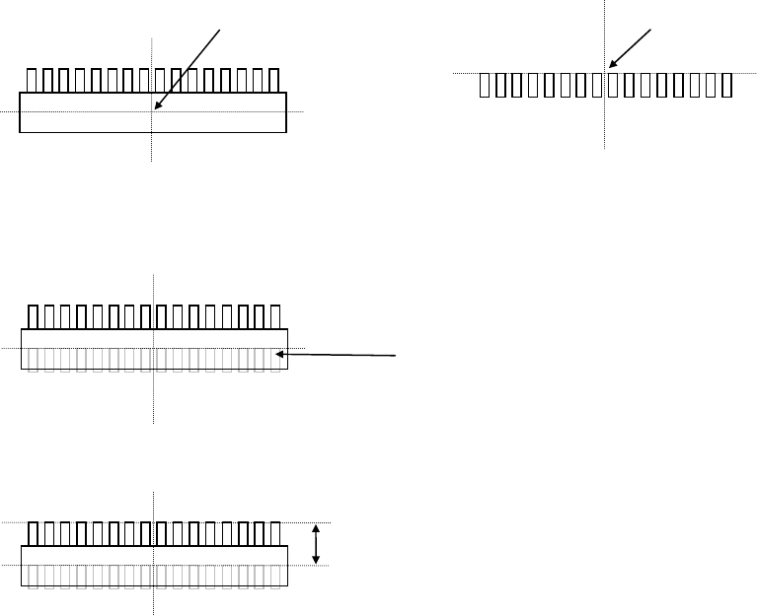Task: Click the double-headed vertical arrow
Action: [316, 544]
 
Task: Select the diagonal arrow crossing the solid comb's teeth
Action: [188, 65]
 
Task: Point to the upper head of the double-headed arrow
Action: [316, 528]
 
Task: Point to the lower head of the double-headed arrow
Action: [316, 561]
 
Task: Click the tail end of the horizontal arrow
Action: [397, 355]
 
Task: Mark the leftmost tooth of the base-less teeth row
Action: [485, 86]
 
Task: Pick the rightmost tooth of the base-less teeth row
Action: [726, 86]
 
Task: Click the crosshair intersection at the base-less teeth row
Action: [604, 73]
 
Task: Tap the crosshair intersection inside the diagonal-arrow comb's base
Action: [152, 111]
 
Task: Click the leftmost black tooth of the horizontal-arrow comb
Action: [33, 316]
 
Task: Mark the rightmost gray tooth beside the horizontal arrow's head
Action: [273, 360]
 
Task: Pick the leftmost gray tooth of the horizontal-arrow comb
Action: [33, 360]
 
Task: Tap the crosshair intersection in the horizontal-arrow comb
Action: [154, 348]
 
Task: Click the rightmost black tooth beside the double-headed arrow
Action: [273, 534]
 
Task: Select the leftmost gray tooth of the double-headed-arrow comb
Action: [33, 577]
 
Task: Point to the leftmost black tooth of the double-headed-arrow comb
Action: [33, 534]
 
